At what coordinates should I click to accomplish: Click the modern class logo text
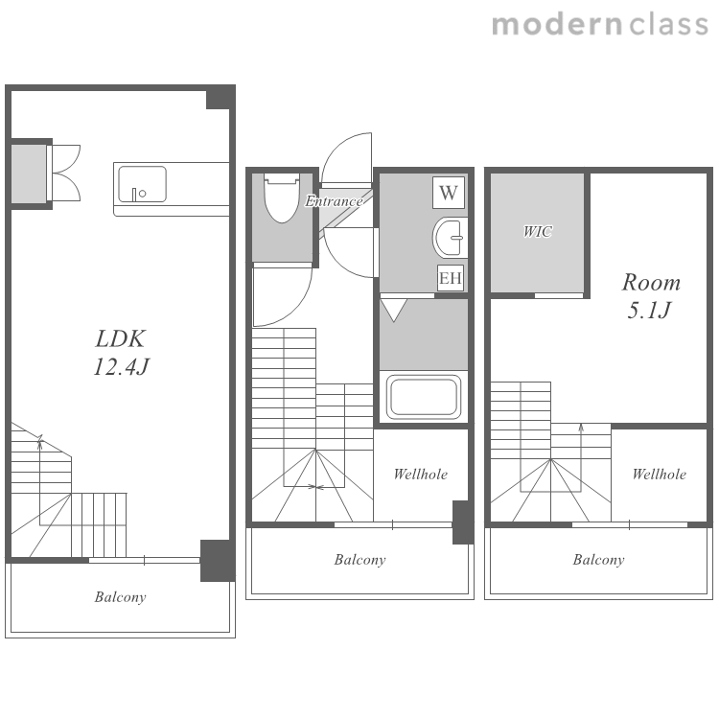pos(600,24)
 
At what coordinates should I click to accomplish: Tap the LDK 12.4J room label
pos(121,353)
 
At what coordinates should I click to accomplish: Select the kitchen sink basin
pos(142,184)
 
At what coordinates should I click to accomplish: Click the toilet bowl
pos(282,198)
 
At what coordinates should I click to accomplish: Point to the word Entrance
pos(335,201)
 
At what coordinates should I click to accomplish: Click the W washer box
pos(449,193)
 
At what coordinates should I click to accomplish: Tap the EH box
pos(450,278)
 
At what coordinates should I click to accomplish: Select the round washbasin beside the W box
pos(451,238)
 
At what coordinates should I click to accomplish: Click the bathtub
pos(423,397)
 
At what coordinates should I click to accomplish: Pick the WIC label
pos(538,232)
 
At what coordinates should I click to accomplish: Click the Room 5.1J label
pos(651,296)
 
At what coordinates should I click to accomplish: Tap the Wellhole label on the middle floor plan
pos(421,475)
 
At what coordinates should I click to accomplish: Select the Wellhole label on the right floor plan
pos(660,475)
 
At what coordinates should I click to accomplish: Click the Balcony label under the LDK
pos(120,597)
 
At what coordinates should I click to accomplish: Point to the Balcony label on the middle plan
pos(359,560)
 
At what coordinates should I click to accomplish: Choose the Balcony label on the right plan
pos(599,560)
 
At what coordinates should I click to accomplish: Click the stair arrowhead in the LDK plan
pos(40,438)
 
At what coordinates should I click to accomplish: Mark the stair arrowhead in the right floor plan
pos(581,428)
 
